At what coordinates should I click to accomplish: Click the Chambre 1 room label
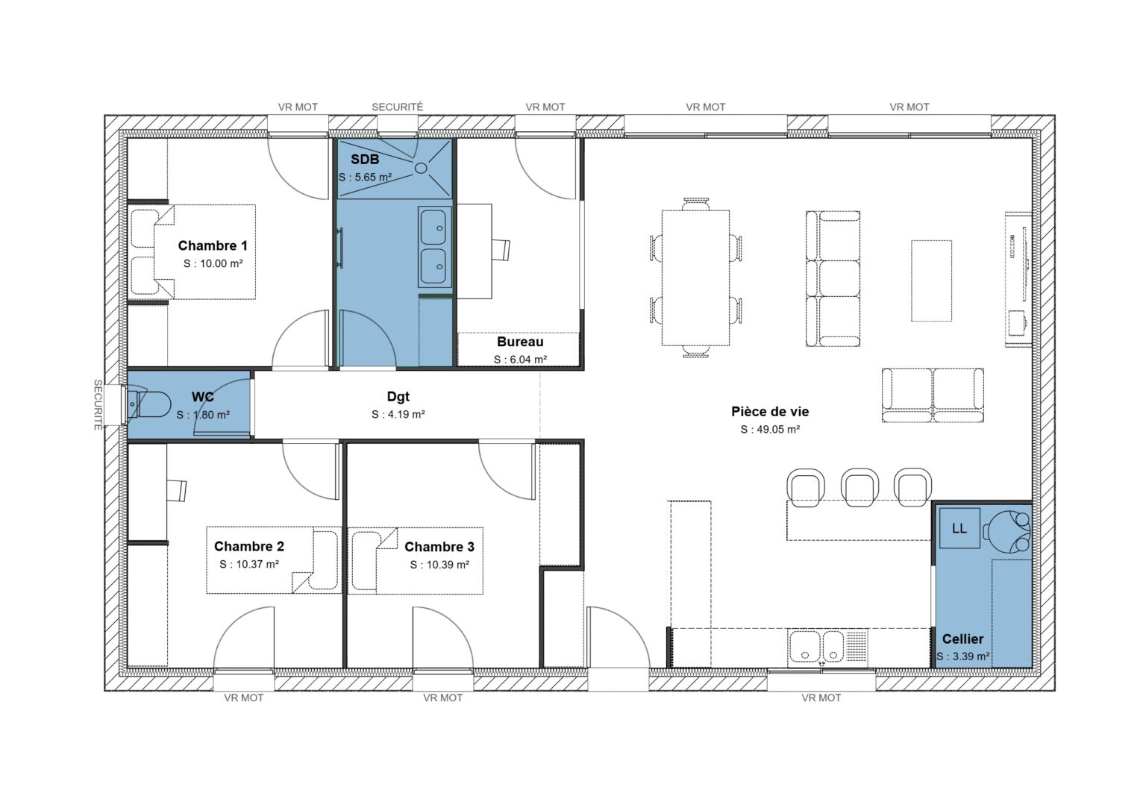point(213,245)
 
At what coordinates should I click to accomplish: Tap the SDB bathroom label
point(365,160)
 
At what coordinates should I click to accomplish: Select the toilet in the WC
point(149,405)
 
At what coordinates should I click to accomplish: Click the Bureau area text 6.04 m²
point(520,360)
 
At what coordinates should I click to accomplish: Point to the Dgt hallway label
point(398,397)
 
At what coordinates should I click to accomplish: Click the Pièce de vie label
point(770,411)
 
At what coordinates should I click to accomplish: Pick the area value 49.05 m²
point(770,430)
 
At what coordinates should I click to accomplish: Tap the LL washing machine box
point(959,528)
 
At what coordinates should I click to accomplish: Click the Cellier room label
point(962,639)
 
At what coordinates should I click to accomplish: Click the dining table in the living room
point(695,278)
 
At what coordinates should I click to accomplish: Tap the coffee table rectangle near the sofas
point(931,280)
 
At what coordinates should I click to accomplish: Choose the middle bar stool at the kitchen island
point(860,486)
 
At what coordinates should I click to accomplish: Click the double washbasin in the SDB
point(433,247)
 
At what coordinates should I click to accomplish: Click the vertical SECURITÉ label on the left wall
point(98,405)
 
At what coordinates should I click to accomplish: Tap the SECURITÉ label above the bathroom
point(397,107)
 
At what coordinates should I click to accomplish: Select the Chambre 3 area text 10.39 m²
point(439,565)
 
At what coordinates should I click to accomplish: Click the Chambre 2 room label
point(249,546)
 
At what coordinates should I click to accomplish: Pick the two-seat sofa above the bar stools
point(933,395)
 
